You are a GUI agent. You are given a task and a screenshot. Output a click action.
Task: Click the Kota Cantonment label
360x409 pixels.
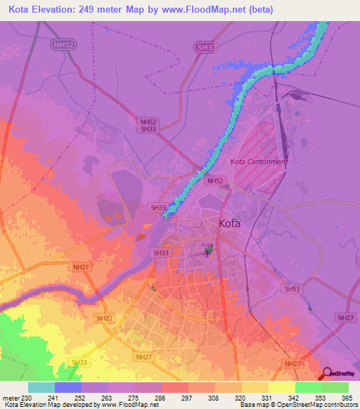(259, 162)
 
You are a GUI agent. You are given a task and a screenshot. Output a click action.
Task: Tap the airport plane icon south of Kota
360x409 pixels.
(206, 254)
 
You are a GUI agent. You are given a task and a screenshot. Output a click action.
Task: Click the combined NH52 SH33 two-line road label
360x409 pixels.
(148, 125)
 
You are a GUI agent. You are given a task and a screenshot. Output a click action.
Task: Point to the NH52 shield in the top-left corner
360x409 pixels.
(62, 44)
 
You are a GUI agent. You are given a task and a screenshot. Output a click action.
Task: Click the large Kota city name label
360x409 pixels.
(229, 224)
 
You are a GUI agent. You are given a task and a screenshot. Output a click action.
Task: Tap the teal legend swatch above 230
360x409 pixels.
(41, 387)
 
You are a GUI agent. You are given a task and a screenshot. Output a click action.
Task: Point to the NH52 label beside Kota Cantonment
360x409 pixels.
(214, 181)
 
